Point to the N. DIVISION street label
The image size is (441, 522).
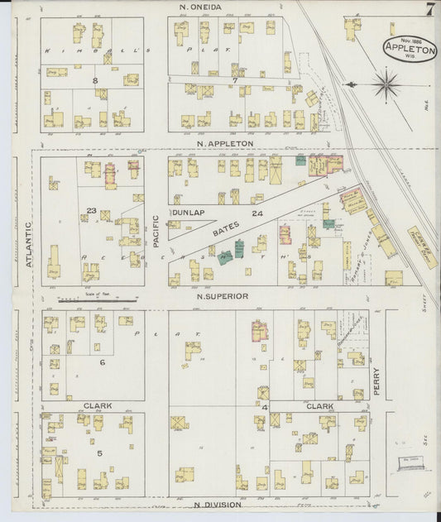pyautogui.click(x=218, y=504)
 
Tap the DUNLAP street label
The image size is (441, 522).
pyautogui.click(x=187, y=213)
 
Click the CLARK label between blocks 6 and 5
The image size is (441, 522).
pyautogui.click(x=98, y=406)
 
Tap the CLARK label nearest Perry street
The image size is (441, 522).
pyautogui.click(x=319, y=406)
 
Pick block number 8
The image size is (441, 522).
pyautogui.click(x=95, y=79)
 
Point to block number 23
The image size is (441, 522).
pyautogui.click(x=92, y=211)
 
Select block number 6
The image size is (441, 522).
pyautogui.click(x=102, y=362)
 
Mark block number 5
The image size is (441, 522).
pyautogui.click(x=99, y=453)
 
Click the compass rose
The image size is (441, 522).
pyautogui.click(x=386, y=83)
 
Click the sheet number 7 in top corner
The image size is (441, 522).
pyautogui.click(x=431, y=10)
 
